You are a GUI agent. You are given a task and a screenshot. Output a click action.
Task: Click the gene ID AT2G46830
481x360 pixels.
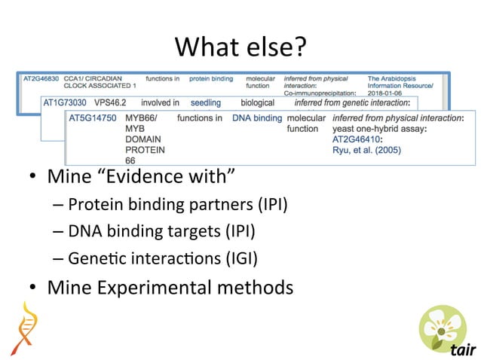41,78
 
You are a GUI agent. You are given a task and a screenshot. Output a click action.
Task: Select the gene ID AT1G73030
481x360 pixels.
64,102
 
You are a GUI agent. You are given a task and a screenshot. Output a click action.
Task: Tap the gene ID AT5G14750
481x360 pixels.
92,118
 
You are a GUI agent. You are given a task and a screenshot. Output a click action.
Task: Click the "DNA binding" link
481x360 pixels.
256,118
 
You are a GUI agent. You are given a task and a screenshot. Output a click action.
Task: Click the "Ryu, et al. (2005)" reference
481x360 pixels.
366,150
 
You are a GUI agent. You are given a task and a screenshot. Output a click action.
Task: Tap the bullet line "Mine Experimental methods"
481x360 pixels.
170,287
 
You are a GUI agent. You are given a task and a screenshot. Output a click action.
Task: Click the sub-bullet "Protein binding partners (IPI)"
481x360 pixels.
177,204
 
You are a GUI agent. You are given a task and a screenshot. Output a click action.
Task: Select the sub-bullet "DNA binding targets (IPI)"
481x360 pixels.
161,231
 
